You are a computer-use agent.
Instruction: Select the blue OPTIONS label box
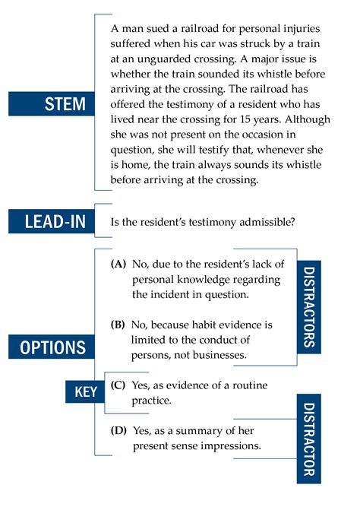(x=52, y=347)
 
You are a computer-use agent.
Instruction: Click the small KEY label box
(x=85, y=392)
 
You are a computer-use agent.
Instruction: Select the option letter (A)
(x=118, y=265)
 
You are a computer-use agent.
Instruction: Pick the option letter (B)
(x=118, y=325)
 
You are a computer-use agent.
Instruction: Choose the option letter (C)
(x=118, y=385)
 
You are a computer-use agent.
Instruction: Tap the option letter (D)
(x=118, y=431)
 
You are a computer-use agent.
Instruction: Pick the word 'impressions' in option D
(x=232, y=445)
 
